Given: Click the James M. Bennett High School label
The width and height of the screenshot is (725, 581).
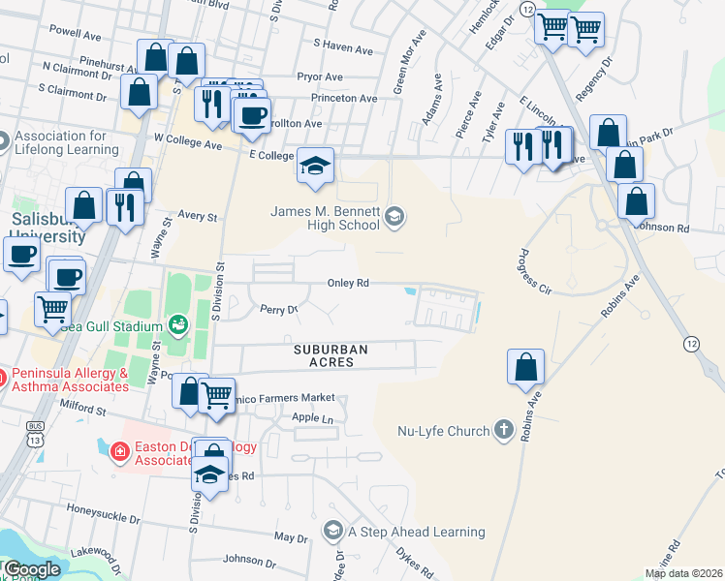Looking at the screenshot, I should (325, 219).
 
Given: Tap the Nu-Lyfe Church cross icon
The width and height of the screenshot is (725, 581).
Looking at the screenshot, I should (503, 430).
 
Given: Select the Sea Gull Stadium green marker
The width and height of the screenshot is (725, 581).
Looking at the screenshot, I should (178, 325).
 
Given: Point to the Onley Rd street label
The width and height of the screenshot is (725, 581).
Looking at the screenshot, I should (348, 284).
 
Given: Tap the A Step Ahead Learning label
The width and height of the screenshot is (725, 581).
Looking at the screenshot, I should (417, 532).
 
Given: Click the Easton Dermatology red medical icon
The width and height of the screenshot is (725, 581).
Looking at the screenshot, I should (118, 451).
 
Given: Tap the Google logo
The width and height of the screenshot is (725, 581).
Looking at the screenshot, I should (31, 569).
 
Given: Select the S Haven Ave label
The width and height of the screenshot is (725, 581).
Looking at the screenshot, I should (343, 48).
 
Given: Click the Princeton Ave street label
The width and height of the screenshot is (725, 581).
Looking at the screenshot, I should (344, 99).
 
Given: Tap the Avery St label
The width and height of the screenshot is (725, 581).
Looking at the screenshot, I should (198, 218).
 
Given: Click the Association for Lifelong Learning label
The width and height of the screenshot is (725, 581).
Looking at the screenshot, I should (66, 142).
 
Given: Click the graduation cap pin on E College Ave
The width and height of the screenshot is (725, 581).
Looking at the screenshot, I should (315, 168).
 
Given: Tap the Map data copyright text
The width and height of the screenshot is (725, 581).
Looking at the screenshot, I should (682, 573).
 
